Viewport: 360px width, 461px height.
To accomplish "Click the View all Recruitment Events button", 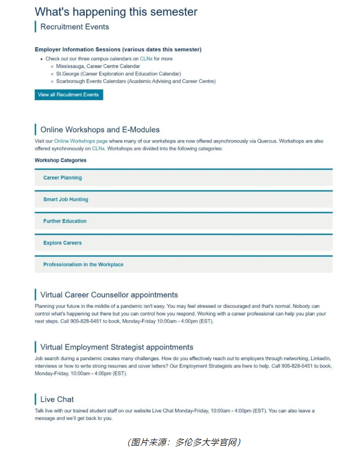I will coord(68,95).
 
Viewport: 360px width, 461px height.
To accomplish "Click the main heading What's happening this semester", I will coord(116,12).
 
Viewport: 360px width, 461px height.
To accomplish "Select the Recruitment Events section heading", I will coord(74,27).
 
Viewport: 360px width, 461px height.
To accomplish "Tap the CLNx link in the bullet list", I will coord(146,59).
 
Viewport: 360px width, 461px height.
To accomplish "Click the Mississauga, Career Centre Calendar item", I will coord(98,66).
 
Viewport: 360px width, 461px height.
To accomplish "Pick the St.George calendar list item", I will coord(118,74).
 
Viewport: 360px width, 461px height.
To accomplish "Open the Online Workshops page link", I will coord(80,141).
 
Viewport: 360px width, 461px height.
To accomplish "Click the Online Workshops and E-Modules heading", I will coord(100,129).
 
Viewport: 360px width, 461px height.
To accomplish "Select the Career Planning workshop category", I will coord(63,178).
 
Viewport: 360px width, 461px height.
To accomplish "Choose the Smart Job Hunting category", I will coord(65,199).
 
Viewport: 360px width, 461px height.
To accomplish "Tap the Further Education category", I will coord(65,221).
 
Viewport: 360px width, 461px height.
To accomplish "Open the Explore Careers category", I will coord(62,243).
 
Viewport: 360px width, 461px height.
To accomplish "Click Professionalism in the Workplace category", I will coord(83,265).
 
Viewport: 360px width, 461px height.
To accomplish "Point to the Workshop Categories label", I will coord(60,160).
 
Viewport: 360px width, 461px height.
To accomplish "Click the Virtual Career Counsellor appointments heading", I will coord(109,295).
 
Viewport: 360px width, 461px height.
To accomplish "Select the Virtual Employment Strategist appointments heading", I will coord(116,347).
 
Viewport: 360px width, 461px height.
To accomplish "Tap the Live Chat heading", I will coord(57,399).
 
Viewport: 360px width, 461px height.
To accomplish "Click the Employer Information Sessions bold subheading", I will coord(118,50).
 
